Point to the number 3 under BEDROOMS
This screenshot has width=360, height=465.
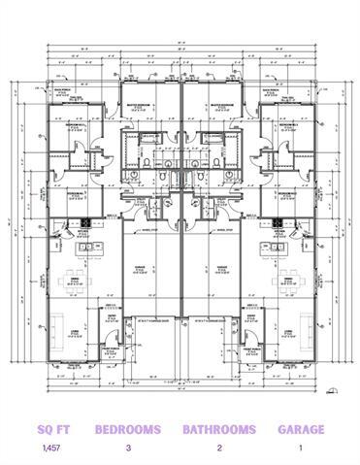click(128, 448)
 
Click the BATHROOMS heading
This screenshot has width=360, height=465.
click(219, 428)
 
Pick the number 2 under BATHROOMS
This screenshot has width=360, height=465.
click(219, 448)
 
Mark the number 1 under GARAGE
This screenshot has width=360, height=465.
click(300, 448)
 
